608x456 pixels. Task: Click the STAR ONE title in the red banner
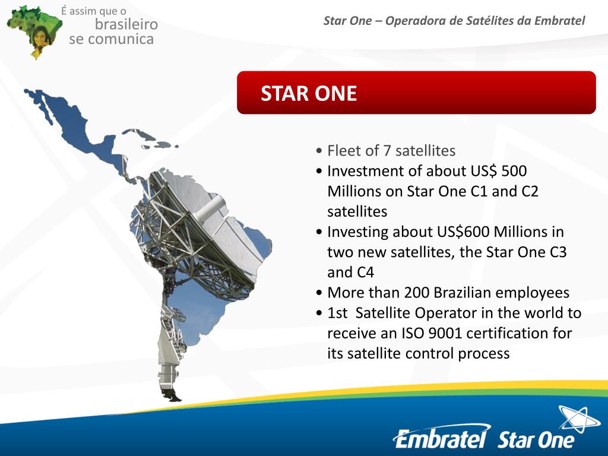tap(309, 94)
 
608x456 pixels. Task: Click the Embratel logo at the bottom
tap(441, 439)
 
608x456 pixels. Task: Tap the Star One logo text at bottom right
tap(536, 440)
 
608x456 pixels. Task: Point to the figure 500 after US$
tap(514, 171)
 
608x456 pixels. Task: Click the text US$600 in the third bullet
tap(454, 232)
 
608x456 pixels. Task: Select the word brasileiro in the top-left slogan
tap(126, 24)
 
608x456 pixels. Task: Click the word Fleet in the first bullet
tap(343, 150)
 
